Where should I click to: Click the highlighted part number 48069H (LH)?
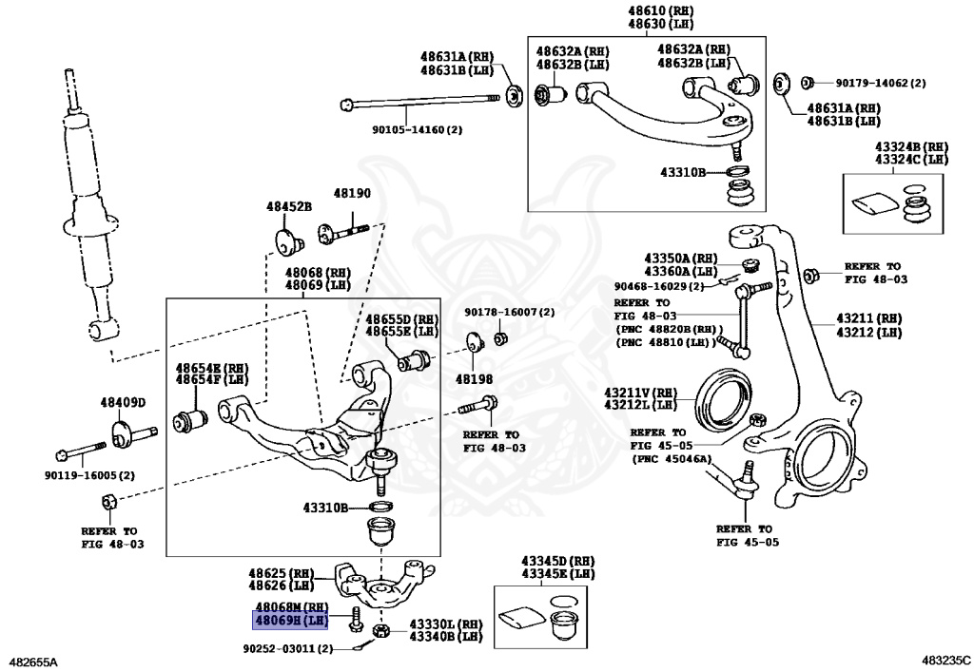(x=290, y=621)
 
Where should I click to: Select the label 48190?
(x=351, y=193)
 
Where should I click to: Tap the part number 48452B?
(x=288, y=206)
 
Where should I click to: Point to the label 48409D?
(x=123, y=402)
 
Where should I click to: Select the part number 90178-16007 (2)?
(x=509, y=312)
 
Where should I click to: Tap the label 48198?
(x=473, y=378)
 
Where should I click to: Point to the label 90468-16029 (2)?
(x=658, y=285)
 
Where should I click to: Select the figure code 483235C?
(x=945, y=661)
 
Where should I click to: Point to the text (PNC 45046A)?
(x=671, y=458)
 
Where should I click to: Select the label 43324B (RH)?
(x=911, y=147)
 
